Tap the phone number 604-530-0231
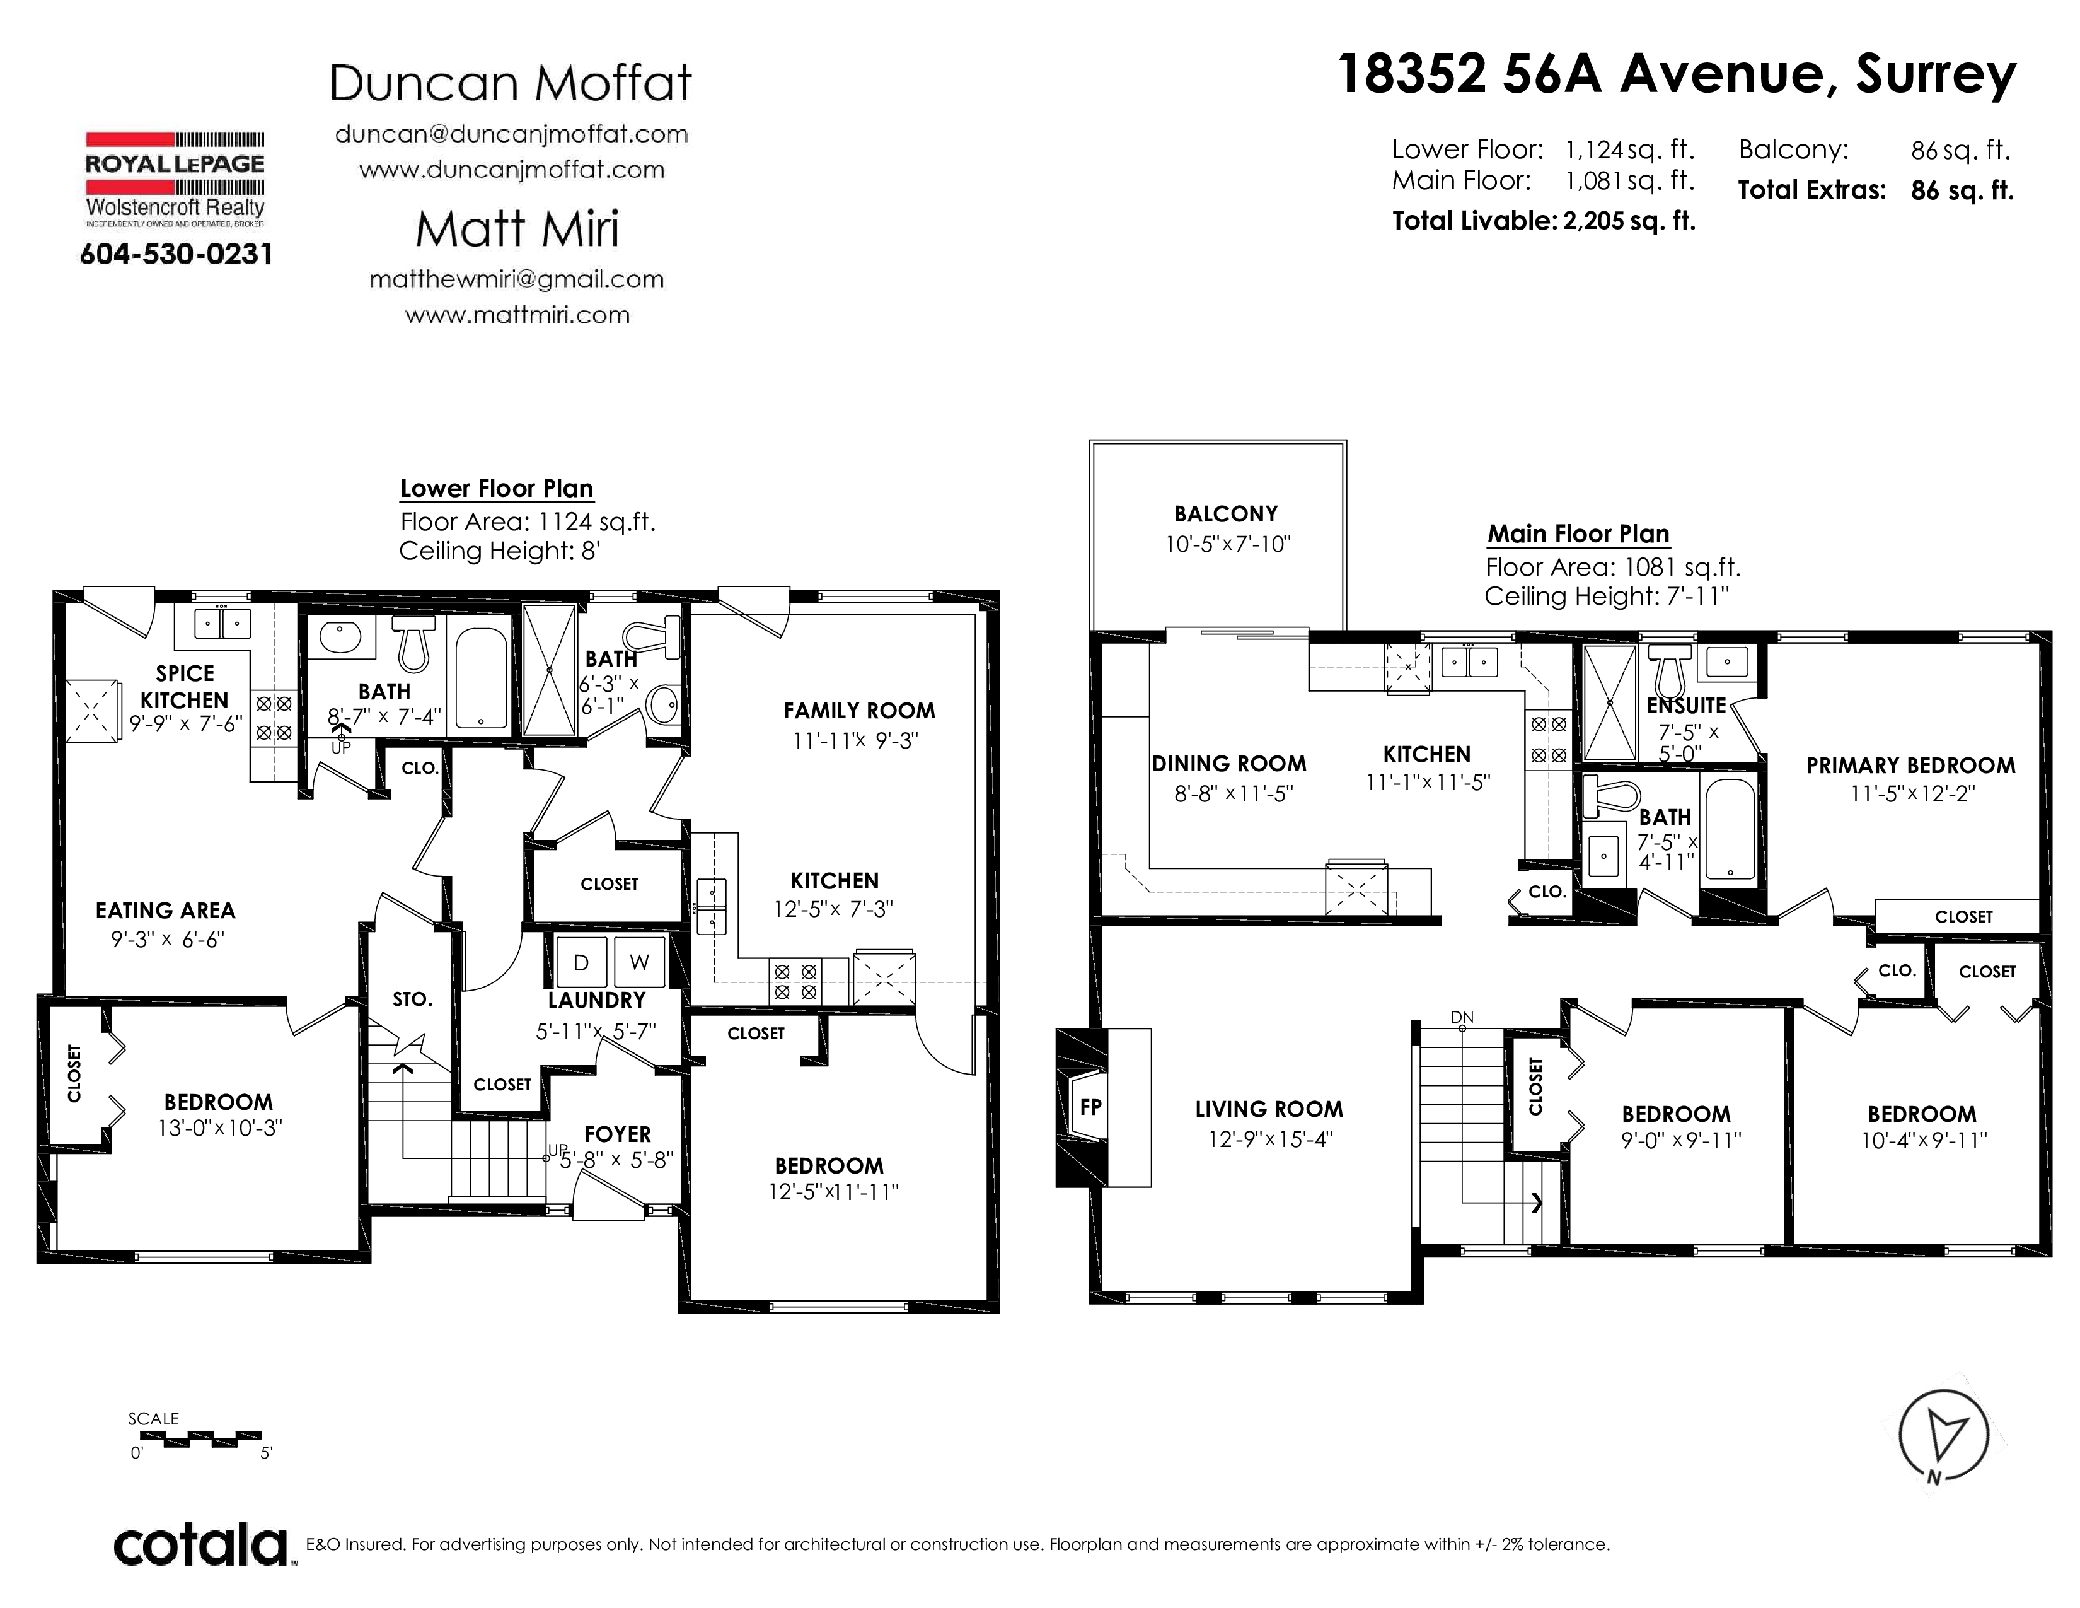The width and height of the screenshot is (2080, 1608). point(176,254)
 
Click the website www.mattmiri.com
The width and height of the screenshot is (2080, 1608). point(517,315)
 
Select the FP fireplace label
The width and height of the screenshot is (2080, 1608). point(1090,1107)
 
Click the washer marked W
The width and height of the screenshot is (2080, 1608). point(639,962)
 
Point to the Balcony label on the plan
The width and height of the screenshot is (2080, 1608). point(1226,515)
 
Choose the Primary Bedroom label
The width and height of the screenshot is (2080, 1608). point(1910,766)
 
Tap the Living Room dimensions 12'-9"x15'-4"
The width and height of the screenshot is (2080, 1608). point(1269,1138)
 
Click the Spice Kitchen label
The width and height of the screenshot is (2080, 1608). point(184,687)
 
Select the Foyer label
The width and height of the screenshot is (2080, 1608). point(617,1134)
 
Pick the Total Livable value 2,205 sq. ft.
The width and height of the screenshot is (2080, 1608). point(1629,221)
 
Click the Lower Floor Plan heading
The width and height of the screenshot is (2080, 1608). point(496,489)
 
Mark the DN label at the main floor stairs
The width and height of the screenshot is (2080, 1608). point(1462,1017)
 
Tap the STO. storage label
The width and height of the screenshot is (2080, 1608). point(412,999)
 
